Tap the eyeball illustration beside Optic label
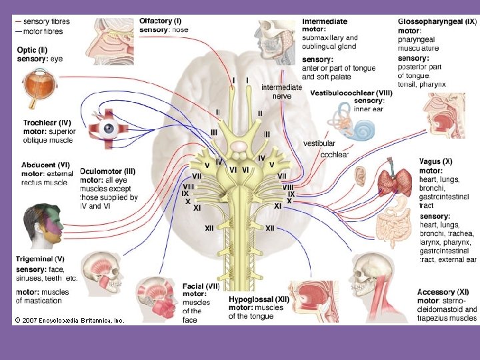(34, 88)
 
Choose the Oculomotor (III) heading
(109, 171)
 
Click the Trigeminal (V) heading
(40, 259)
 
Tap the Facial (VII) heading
(201, 286)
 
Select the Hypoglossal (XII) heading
(259, 299)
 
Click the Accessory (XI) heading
(443, 292)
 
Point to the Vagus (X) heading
(435, 161)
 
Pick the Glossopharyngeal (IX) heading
(437, 22)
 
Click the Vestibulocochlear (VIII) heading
(351, 93)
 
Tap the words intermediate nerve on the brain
(281, 91)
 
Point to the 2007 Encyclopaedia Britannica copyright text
(69, 321)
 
